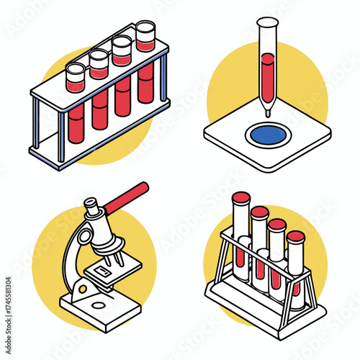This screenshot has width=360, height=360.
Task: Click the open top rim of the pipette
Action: point(267,22)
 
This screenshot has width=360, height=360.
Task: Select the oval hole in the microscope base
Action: point(100,306)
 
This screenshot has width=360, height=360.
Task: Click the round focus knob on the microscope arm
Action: point(84,235)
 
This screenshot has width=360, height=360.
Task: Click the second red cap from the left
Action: point(259,212)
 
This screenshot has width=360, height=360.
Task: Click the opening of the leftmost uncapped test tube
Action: point(76,70)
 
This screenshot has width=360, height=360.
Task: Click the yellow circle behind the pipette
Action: point(302,79)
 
